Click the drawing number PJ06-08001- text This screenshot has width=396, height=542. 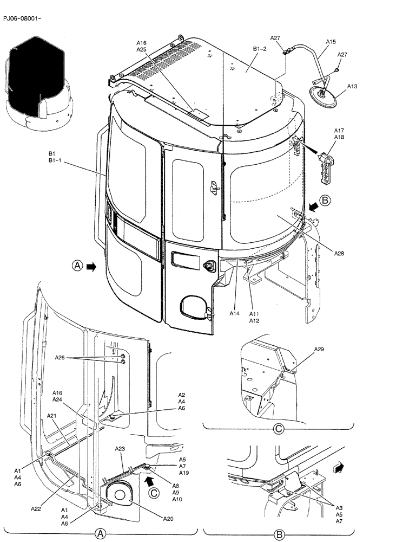pos(22,18)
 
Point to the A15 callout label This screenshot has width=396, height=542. pos(331,41)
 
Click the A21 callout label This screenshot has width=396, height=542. pos(52,416)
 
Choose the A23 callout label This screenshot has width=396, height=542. pos(120,449)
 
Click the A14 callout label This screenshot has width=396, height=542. pos(234,313)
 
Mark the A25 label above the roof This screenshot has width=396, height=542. pos(141,49)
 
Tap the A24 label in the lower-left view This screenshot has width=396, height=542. pos(58,399)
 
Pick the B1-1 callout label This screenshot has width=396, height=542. pos(56,162)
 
